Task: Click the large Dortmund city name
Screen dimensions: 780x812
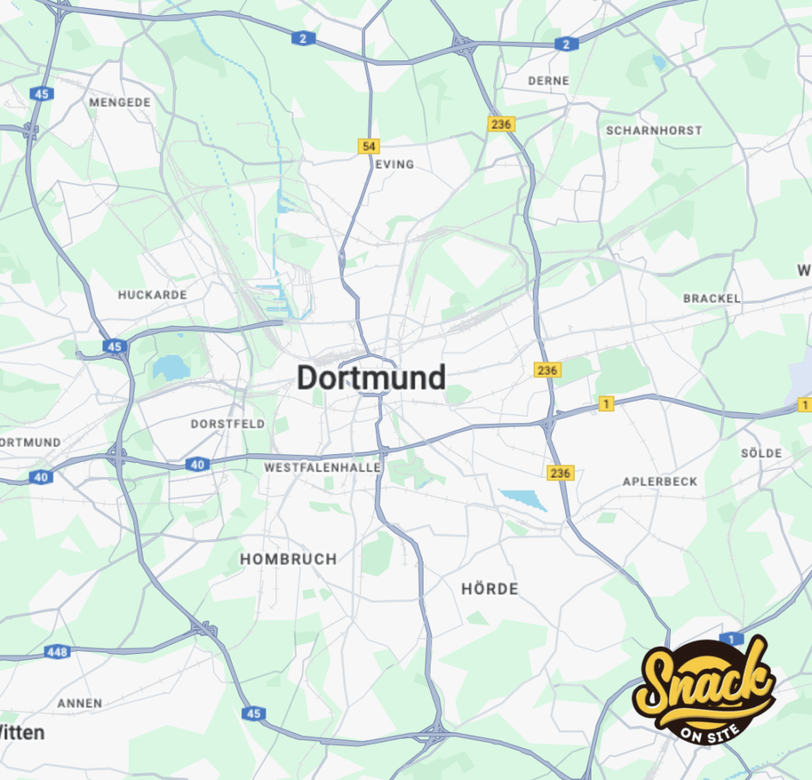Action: pyautogui.click(x=371, y=378)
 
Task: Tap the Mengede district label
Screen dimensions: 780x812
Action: pyautogui.click(x=120, y=102)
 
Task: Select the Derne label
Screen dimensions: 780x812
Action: pyautogui.click(x=549, y=81)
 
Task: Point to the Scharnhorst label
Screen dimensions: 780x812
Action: pyautogui.click(x=654, y=130)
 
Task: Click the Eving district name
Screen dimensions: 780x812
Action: pyautogui.click(x=395, y=164)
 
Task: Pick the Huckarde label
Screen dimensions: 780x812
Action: pyautogui.click(x=153, y=295)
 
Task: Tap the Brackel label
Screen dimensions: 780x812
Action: pyautogui.click(x=712, y=299)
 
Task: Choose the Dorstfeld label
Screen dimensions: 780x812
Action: pyautogui.click(x=228, y=424)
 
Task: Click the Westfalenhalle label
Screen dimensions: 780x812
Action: pyautogui.click(x=323, y=468)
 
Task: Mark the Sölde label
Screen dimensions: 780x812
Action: pyautogui.click(x=761, y=453)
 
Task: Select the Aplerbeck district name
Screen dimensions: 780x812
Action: pyautogui.click(x=660, y=482)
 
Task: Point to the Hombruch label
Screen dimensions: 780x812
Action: pyautogui.click(x=289, y=559)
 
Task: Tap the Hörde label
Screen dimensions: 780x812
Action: pyautogui.click(x=489, y=589)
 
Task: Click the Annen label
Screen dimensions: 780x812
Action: pyautogui.click(x=80, y=703)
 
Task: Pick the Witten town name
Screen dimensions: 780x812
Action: pyautogui.click(x=22, y=732)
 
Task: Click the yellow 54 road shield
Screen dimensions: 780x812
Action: pyautogui.click(x=368, y=146)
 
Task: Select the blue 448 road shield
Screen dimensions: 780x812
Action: pyautogui.click(x=57, y=652)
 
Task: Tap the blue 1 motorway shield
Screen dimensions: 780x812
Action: pyautogui.click(x=731, y=639)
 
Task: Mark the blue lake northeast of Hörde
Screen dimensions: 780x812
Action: pyautogui.click(x=524, y=499)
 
